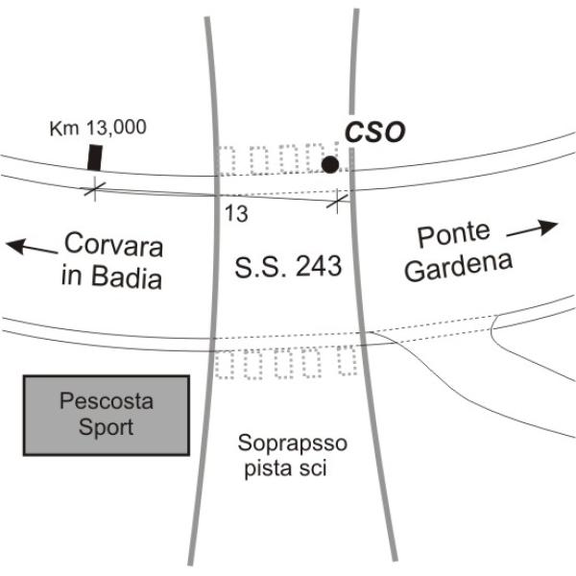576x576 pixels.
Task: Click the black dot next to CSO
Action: pyautogui.click(x=330, y=164)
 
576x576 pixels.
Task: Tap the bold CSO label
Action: pyautogui.click(x=375, y=132)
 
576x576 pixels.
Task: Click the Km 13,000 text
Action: pyautogui.click(x=98, y=128)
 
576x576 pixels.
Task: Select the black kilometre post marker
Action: pyautogui.click(x=95, y=157)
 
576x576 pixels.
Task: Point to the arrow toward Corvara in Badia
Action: pyautogui.click(x=32, y=247)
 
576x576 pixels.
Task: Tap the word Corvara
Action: pyautogui.click(x=113, y=244)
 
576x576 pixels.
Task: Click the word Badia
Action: pyautogui.click(x=127, y=277)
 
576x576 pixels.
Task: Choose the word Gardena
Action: pyautogui.click(x=459, y=267)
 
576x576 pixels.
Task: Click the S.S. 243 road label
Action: pyautogui.click(x=288, y=266)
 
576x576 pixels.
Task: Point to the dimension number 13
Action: pyautogui.click(x=236, y=213)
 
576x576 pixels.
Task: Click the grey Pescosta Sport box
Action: pyautogui.click(x=107, y=416)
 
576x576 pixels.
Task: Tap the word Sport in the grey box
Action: pyautogui.click(x=106, y=427)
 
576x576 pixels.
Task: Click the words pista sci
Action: pyautogui.click(x=286, y=468)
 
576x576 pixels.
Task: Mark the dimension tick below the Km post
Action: pyautogui.click(x=95, y=189)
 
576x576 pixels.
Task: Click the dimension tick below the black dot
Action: pyautogui.click(x=337, y=201)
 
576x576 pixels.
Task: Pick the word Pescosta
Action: pyautogui.click(x=107, y=401)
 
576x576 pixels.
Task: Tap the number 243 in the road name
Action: pyautogui.click(x=319, y=266)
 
